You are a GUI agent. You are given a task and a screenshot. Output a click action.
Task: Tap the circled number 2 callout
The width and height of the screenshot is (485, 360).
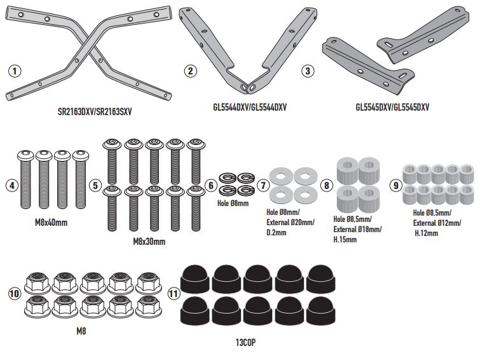pyautogui.click(x=189, y=71)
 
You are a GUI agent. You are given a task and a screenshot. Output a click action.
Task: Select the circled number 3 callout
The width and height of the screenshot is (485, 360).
pyautogui.click(x=308, y=71)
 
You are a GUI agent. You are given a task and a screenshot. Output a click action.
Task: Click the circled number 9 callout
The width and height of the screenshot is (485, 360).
pyautogui.click(x=396, y=186)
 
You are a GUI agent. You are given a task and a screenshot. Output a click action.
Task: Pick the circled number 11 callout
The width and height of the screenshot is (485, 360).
pyautogui.click(x=174, y=294)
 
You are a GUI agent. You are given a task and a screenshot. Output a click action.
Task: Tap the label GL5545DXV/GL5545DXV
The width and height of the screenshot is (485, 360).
pyautogui.click(x=392, y=107)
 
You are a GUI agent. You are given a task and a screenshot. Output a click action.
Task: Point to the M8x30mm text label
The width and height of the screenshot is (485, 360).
pyautogui.click(x=149, y=242)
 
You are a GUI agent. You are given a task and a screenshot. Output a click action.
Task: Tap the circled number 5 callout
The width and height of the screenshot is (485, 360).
pyautogui.click(x=96, y=186)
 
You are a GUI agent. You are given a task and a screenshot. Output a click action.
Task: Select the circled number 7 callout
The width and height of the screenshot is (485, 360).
pyautogui.click(x=263, y=185)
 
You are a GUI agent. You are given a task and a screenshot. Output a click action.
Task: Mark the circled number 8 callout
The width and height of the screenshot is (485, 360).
pyautogui.click(x=327, y=185)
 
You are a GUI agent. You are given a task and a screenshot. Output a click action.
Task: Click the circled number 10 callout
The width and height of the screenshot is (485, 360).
pyautogui.click(x=14, y=294)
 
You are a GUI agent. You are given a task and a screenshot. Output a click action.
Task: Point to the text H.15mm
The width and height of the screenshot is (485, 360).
pyautogui.click(x=346, y=239)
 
